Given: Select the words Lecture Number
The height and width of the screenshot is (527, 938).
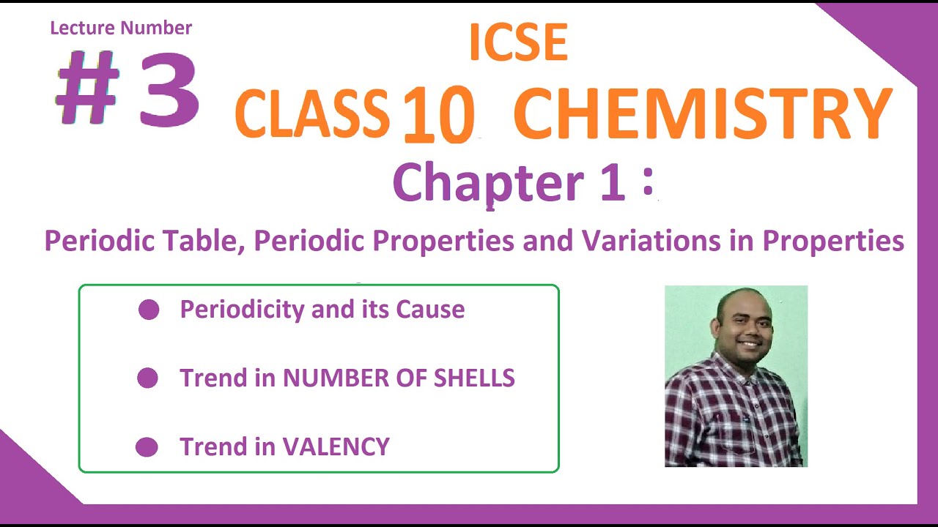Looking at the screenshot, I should (x=121, y=29).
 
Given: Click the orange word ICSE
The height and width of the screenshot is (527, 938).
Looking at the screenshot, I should (x=518, y=42).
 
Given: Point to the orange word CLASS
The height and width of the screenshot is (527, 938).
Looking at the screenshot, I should (x=312, y=114).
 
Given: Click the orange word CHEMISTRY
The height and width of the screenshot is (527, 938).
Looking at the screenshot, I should (x=702, y=114).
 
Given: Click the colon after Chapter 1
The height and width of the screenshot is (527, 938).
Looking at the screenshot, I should (x=647, y=183).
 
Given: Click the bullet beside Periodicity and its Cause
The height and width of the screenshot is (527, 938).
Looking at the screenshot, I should (x=149, y=310).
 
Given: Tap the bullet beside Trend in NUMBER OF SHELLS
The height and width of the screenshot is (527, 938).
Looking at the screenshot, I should (x=147, y=378).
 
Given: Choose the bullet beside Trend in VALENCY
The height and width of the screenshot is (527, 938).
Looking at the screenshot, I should (x=147, y=447).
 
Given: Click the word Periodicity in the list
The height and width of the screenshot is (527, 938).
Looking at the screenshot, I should (x=243, y=310).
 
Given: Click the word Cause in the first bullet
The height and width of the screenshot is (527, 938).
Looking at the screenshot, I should (x=430, y=310).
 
